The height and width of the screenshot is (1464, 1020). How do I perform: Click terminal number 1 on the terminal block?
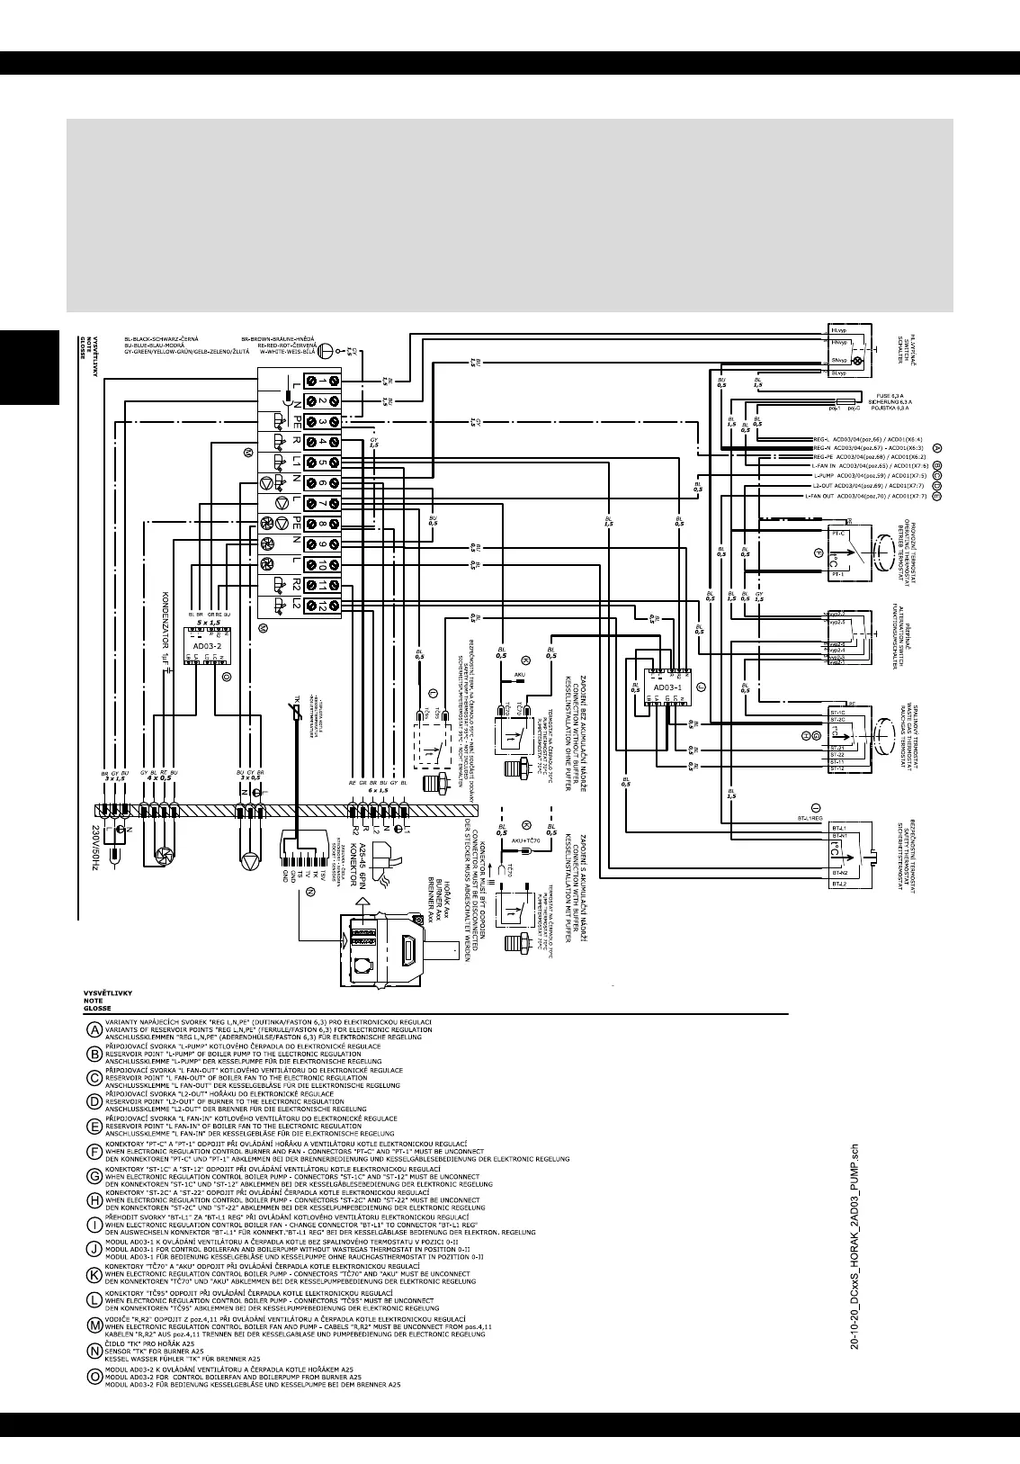pyautogui.click(x=322, y=379)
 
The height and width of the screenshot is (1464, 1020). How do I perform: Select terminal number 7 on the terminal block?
pyautogui.click(x=322, y=503)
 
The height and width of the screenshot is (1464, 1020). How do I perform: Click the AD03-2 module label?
pyautogui.click(x=207, y=645)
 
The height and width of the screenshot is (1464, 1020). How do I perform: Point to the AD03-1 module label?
pyautogui.click(x=667, y=687)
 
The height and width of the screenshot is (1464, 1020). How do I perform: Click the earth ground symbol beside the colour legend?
pyautogui.click(x=329, y=351)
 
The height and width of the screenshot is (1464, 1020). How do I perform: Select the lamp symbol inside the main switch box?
pyautogui.click(x=857, y=362)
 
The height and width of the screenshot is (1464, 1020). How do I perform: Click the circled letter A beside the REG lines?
pyautogui.click(x=937, y=447)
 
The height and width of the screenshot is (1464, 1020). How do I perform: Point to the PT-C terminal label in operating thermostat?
pyautogui.click(x=839, y=534)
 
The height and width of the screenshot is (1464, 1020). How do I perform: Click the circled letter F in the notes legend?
pyautogui.click(x=94, y=1152)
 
